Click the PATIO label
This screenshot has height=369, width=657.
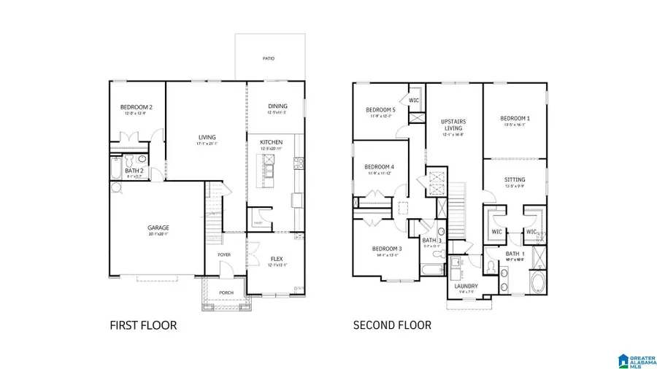point(269,58)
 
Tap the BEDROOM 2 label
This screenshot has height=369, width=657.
point(137,108)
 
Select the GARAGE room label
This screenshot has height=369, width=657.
point(158,228)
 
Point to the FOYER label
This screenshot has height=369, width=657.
point(224,255)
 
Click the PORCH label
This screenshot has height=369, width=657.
point(227,293)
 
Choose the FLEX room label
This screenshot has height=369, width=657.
point(277,258)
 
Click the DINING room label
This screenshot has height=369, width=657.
point(277,106)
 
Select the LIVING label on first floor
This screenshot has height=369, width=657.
point(207,136)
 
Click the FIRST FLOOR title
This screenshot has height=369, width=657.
point(143,325)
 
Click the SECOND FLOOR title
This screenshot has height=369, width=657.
point(392,325)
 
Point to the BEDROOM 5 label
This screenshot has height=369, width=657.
point(380,110)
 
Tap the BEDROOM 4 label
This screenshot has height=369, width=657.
point(379,166)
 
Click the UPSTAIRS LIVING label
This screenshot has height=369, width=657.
point(453,125)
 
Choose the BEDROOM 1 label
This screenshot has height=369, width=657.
point(515,118)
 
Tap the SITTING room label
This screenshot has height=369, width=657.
point(515,179)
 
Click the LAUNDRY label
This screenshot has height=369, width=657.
point(466,286)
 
